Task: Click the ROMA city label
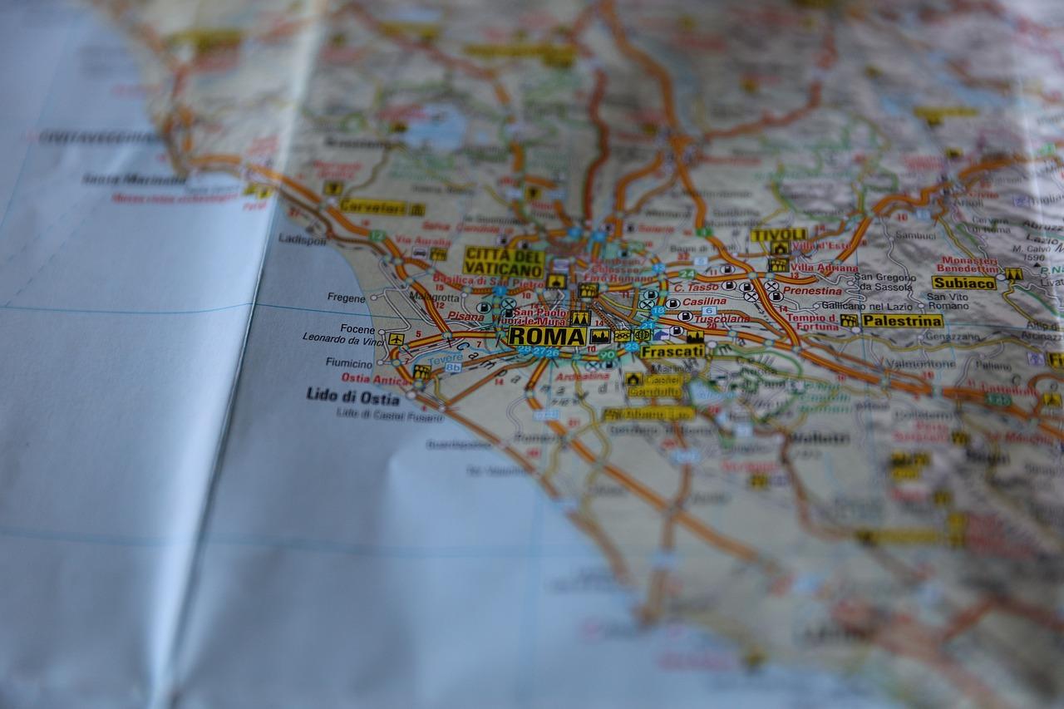point(547,336)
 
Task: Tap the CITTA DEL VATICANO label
point(504,261)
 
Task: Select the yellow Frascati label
point(672,351)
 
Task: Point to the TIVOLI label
point(779,234)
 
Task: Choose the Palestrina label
point(902,320)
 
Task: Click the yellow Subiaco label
point(963,283)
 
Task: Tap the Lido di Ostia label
point(352,396)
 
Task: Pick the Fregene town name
point(346,298)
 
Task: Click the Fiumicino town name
point(348,364)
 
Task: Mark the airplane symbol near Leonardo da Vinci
point(396,339)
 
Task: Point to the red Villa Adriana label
point(824,268)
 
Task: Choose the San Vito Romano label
point(948,301)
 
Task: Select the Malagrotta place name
point(434,297)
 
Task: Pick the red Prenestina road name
point(812,291)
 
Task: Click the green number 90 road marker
point(608,355)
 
